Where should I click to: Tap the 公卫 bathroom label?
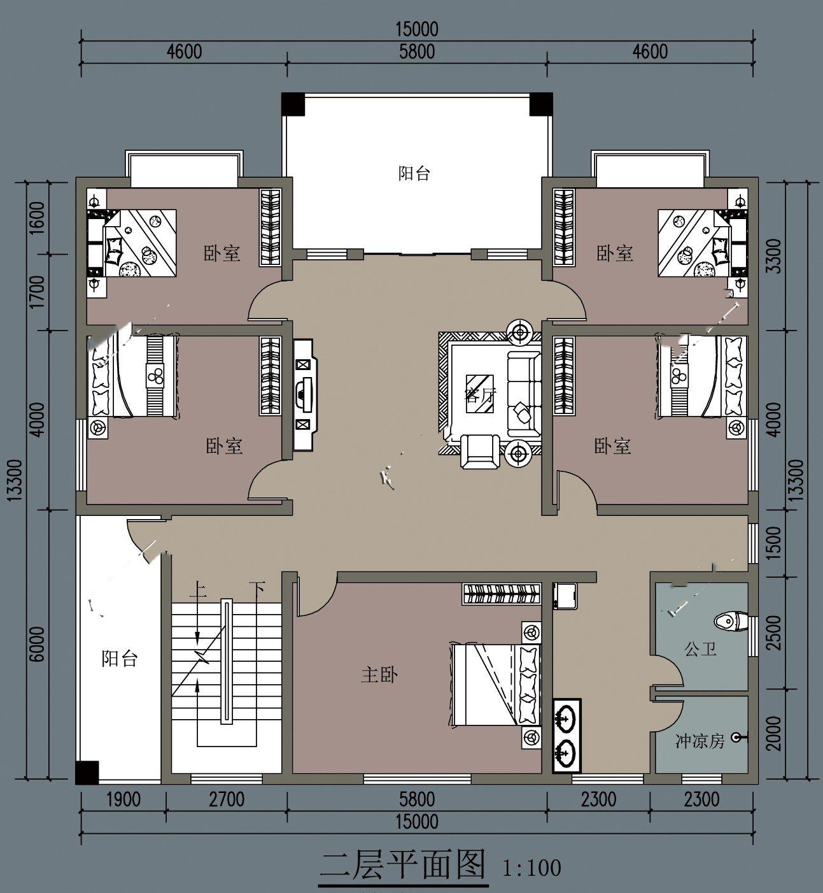point(700,649)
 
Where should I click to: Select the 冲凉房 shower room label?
point(700,741)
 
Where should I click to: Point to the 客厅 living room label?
point(480,396)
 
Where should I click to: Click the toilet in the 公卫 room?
point(731,622)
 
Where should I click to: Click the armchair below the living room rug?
point(480,452)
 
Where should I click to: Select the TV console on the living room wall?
point(305,395)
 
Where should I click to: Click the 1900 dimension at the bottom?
point(123,799)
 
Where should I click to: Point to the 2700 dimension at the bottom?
point(227,799)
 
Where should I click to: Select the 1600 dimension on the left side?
point(38,217)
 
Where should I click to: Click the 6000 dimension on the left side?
point(38,644)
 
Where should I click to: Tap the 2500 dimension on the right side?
point(774,633)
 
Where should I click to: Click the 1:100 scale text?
point(531,868)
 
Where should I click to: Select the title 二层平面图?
point(403,864)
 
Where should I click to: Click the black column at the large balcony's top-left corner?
point(293,104)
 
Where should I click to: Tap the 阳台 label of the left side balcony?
point(119,659)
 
